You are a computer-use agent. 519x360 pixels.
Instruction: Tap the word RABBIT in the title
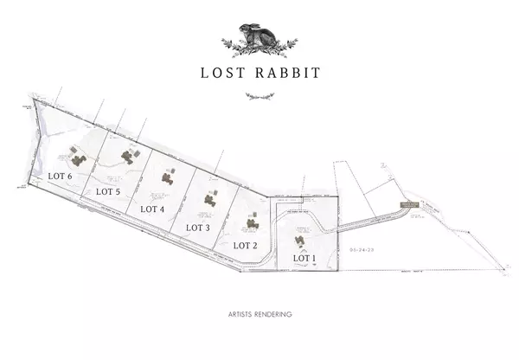pos(286,73)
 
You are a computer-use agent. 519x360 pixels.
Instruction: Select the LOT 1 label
pos(304,258)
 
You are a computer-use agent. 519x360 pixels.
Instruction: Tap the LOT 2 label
pos(246,245)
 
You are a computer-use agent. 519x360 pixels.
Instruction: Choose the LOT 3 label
pos(198,228)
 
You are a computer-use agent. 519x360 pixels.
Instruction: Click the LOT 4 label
pos(152,209)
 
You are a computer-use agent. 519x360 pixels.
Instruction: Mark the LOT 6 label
pos(59,176)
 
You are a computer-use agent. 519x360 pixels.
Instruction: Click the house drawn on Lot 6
pos(78,160)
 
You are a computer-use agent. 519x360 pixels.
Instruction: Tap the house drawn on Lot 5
pos(128,157)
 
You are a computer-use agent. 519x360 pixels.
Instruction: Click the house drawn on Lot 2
pos(252,224)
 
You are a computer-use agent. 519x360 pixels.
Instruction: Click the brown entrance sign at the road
pos(407,205)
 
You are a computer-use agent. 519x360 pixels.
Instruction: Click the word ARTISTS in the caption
pos(237,314)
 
